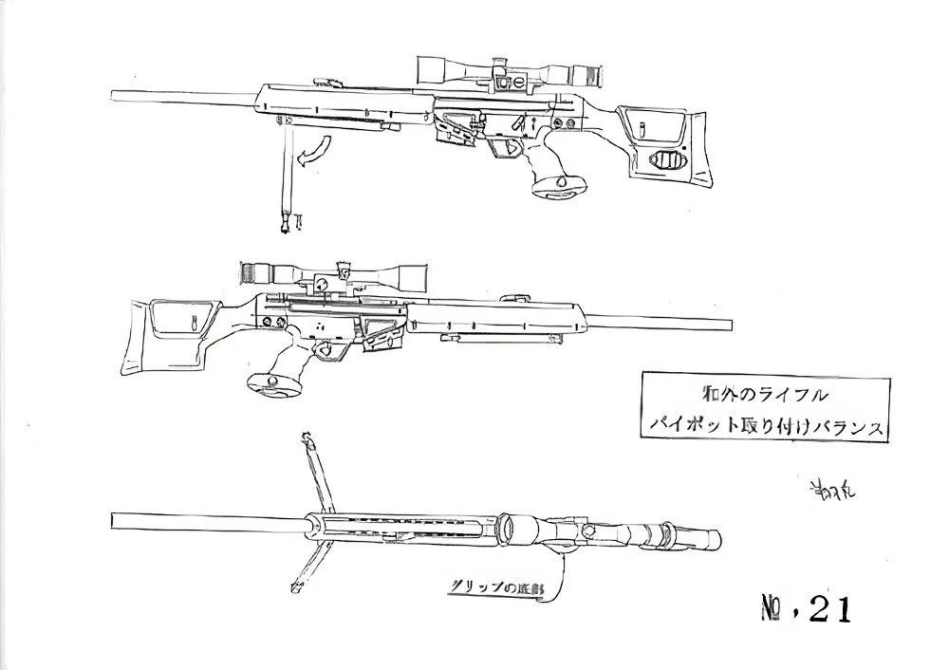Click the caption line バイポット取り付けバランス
coord(764,426)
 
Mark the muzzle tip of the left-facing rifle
coord(114,93)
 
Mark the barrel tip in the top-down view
coord(115,521)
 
